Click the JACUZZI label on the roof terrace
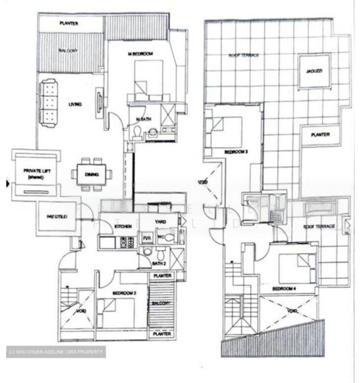click(x=312, y=70)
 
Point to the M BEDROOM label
click(x=139, y=54)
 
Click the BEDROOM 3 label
click(x=236, y=151)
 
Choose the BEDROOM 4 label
click(x=283, y=289)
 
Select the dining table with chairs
click(x=90, y=174)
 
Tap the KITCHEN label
click(x=123, y=227)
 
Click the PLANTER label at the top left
click(x=69, y=23)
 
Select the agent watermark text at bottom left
click(x=55, y=352)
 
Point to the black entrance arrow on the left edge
click(x=8, y=184)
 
